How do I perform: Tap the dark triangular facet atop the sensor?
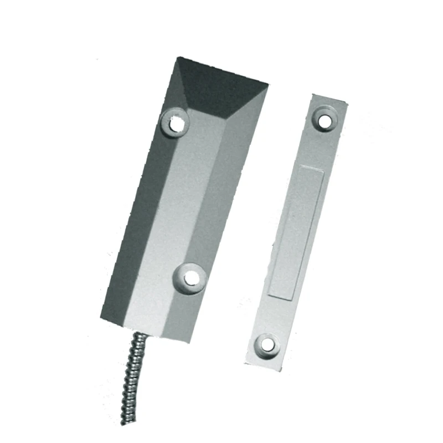point(219,83)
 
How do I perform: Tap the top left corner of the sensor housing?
point(177,56)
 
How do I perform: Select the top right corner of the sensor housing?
point(269,85)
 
